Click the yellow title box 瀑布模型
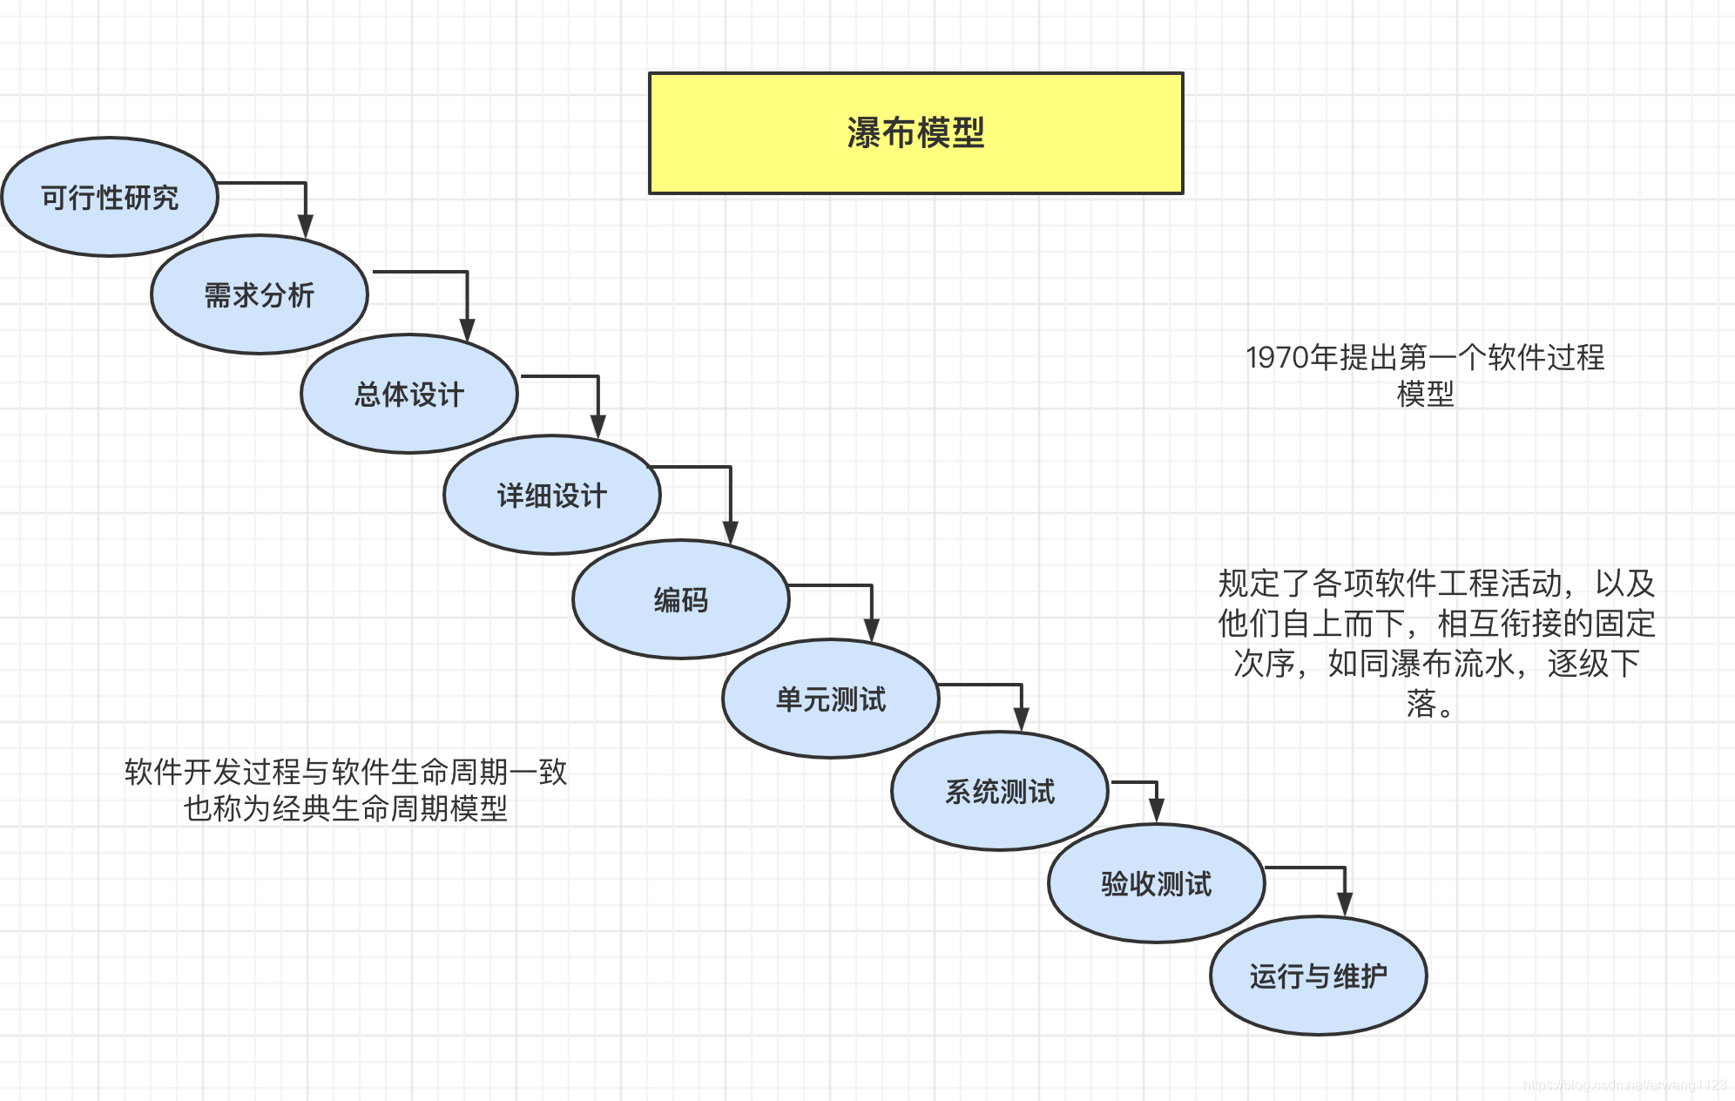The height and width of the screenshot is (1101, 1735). tap(915, 133)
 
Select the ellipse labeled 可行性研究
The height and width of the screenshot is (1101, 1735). tap(110, 198)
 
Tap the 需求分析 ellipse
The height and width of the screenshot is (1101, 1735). tap(259, 295)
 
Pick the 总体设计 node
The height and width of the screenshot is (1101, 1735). tap(408, 395)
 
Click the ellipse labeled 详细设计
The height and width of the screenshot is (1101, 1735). tap(551, 496)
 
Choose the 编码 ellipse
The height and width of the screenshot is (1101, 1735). tap(680, 600)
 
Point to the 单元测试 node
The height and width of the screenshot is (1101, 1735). tap(830, 699)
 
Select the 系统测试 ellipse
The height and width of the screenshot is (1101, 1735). tap(999, 792)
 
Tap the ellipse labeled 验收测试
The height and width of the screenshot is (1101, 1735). tap(1156, 884)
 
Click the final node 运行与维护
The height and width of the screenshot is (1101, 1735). tap(1318, 976)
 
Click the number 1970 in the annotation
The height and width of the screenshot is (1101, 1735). tap(1277, 357)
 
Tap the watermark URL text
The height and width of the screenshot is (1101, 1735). tap(1624, 1085)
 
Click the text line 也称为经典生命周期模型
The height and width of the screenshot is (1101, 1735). tap(345, 809)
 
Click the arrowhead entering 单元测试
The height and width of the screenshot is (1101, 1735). tap(871, 630)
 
